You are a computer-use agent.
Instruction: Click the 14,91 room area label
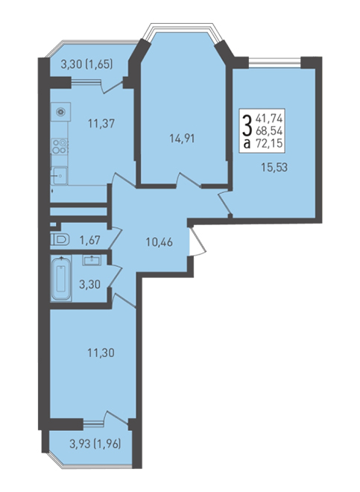click(182, 139)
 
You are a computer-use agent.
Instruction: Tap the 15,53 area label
click(274, 167)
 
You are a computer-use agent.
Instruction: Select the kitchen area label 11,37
click(101, 124)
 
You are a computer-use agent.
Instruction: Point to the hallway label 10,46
click(160, 242)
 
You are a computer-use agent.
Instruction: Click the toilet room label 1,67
click(89, 240)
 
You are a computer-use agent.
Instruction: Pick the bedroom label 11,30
click(101, 353)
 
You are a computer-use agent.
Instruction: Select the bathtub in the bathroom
click(62, 278)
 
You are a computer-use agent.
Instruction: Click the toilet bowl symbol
click(60, 240)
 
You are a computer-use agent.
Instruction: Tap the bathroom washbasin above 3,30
click(92, 260)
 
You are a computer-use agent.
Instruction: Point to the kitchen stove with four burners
click(60, 146)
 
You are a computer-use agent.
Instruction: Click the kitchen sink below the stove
click(59, 176)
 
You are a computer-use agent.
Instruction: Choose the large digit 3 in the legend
click(247, 125)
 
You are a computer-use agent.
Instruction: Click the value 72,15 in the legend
click(269, 143)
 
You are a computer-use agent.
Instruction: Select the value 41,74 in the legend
click(269, 119)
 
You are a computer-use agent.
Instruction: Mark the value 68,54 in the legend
click(269, 130)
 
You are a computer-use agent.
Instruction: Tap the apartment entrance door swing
click(197, 242)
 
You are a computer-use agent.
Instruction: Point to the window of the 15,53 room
click(274, 62)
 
